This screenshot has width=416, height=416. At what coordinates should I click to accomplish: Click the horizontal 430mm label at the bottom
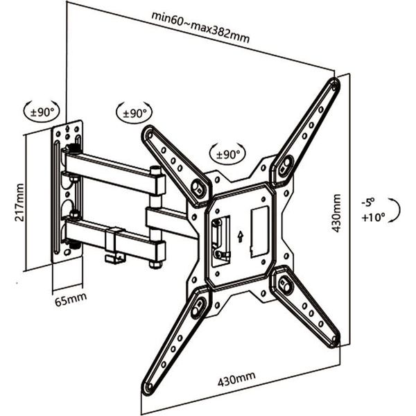236,381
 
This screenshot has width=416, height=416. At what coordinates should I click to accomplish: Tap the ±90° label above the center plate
226,153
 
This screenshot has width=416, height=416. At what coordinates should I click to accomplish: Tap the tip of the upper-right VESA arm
334,85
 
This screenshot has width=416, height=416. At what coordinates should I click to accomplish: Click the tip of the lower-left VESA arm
148,388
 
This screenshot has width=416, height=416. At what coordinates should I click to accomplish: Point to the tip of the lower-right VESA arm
336,341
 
